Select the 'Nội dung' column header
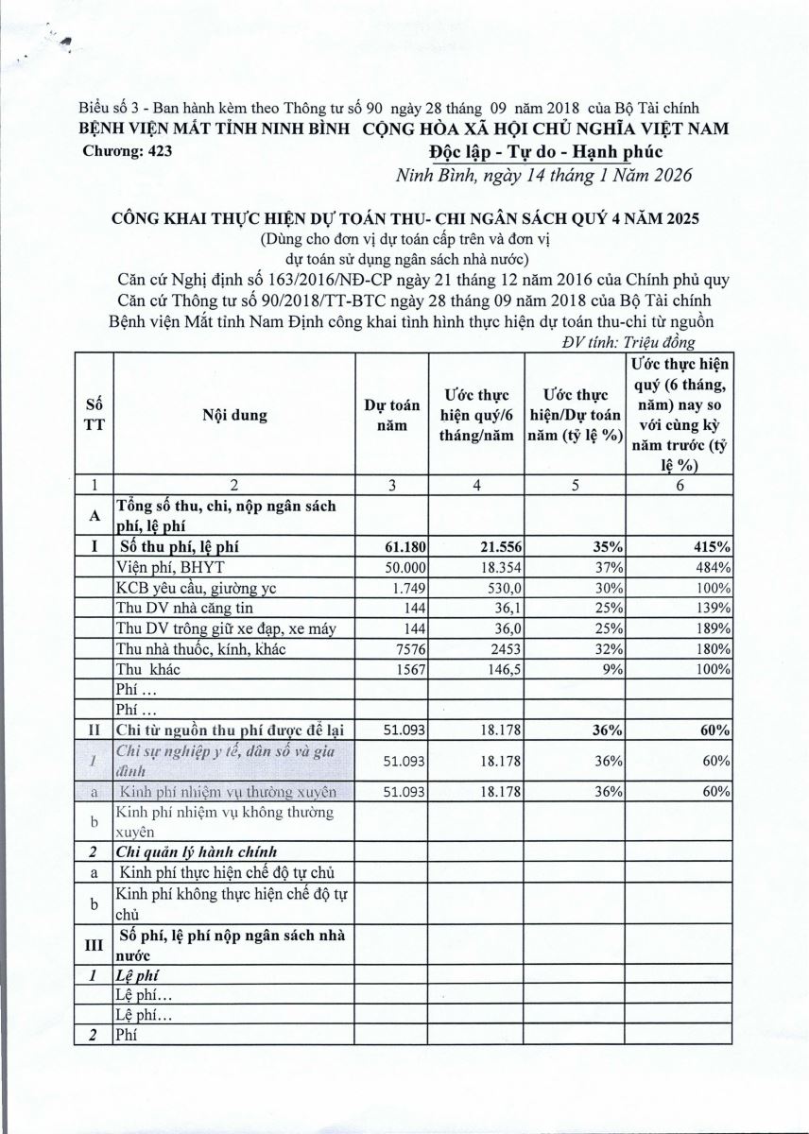click(x=233, y=415)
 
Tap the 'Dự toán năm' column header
click(x=392, y=415)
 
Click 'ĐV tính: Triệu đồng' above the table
click(x=628, y=344)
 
